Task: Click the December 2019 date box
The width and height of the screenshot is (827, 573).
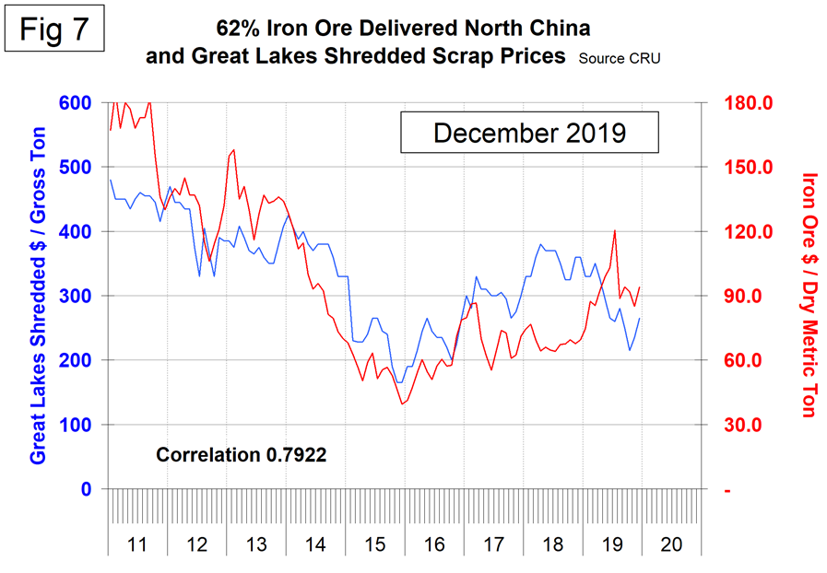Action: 529,133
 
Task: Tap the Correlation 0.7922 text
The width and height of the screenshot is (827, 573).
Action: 242,454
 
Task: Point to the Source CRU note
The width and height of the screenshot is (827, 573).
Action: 620,58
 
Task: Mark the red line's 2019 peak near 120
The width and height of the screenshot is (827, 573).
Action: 614,230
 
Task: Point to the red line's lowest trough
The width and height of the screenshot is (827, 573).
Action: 402,403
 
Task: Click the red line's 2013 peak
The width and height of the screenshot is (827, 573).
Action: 234,149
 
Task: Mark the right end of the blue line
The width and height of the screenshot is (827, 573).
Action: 640,318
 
